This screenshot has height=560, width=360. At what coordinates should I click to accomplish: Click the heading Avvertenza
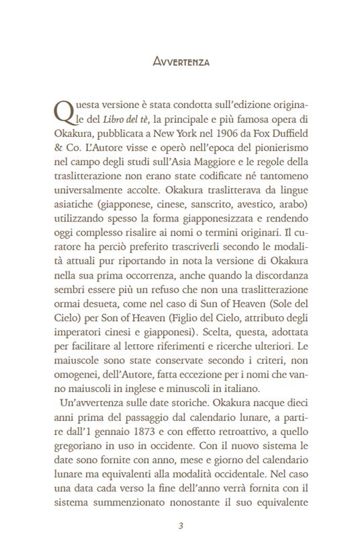pyautogui.click(x=181, y=62)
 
